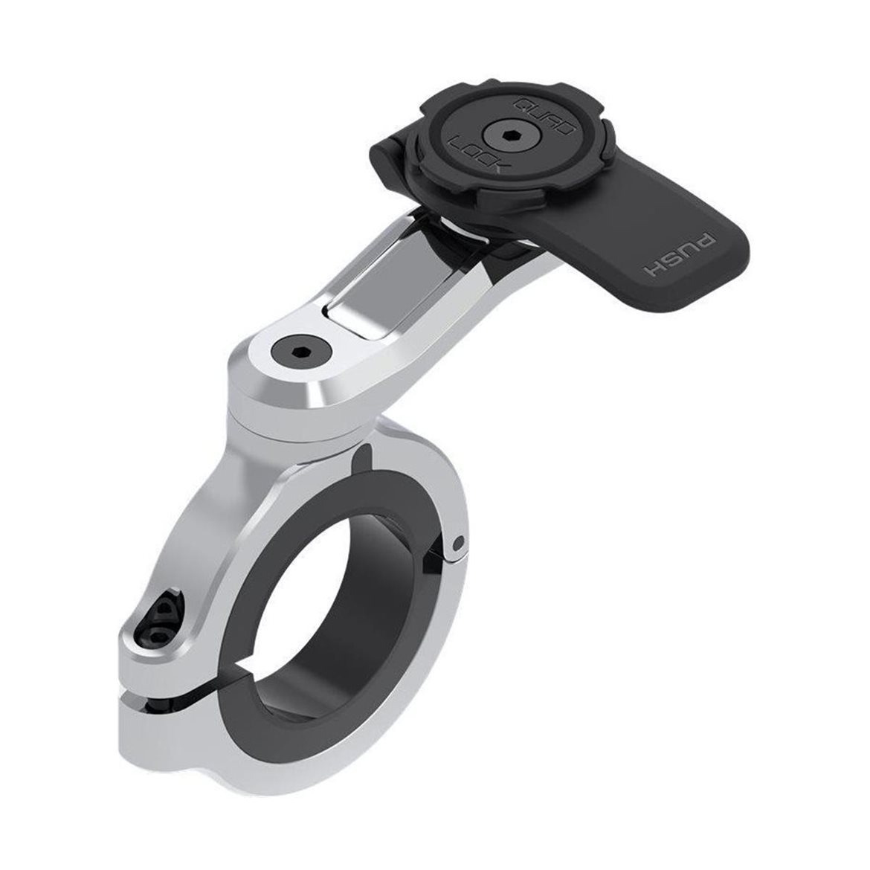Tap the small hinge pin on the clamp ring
tap(458, 544)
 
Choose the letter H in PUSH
tap(651, 270)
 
